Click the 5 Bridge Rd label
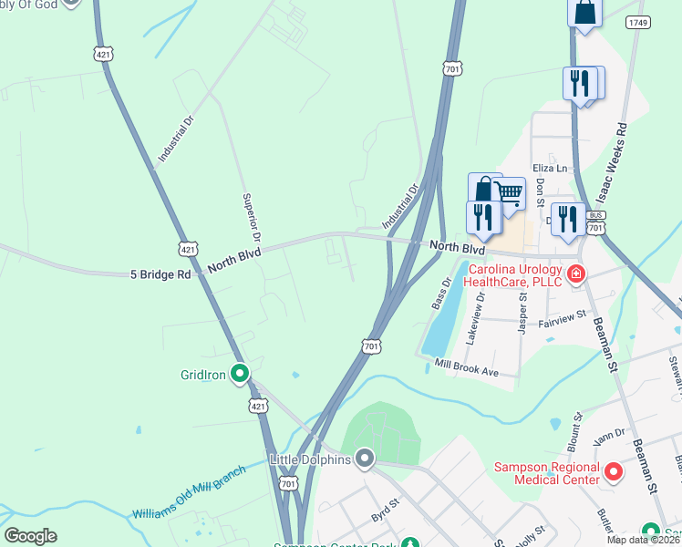(x=160, y=273)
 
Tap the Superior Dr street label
(x=252, y=217)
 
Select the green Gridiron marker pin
(x=240, y=373)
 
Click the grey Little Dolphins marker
(x=365, y=459)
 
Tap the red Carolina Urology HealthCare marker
(x=575, y=273)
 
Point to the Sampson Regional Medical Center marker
(x=614, y=472)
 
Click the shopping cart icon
(x=509, y=192)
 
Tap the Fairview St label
(x=565, y=321)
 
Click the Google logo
(x=30, y=536)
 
